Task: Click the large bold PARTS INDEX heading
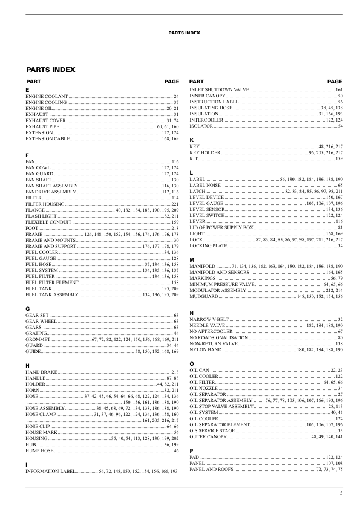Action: coord(51,70)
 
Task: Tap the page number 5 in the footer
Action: coord(341,494)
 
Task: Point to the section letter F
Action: coord(27,157)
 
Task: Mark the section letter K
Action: coord(191,140)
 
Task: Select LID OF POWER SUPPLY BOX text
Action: coord(221,227)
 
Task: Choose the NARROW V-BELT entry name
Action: coord(209,319)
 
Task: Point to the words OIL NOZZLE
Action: coord(203,388)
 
